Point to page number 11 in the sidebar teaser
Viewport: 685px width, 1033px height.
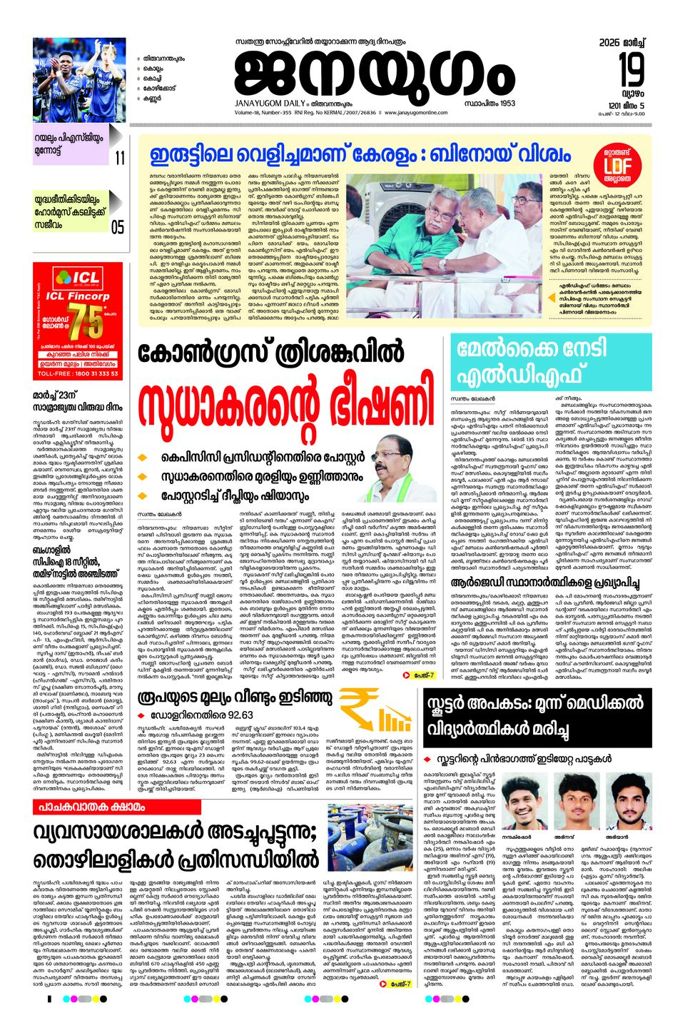pyautogui.click(x=119, y=157)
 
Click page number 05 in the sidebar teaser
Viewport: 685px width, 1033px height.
pyautogui.click(x=118, y=227)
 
